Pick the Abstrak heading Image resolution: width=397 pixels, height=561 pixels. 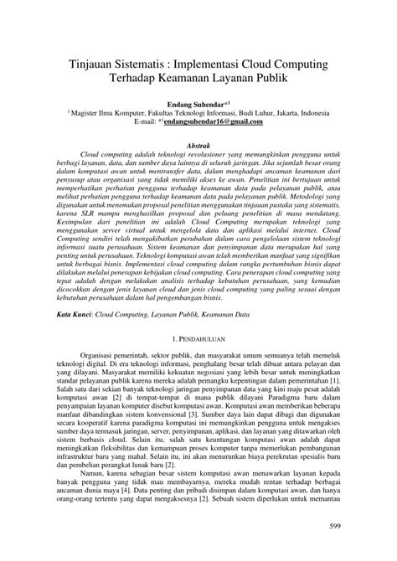(x=198, y=144)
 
